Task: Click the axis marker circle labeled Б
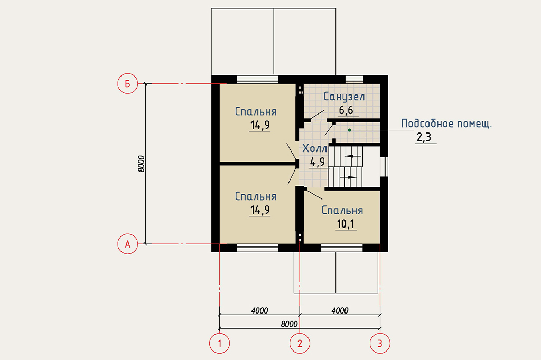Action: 128,83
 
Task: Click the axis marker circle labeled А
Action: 128,244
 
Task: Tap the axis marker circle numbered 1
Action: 219,343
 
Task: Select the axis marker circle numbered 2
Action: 300,343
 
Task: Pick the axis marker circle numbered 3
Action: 380,343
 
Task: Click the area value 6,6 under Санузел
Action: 346,110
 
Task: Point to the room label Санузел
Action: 343,97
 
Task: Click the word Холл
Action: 315,149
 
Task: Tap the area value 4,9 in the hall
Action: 318,162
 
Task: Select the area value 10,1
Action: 346,224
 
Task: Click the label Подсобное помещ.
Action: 446,124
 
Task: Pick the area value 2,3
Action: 424,137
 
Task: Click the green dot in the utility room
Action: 350,130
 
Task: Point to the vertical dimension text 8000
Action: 141,164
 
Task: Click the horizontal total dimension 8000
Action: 289,324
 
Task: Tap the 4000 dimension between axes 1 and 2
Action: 259,311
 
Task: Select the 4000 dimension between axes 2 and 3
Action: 340,311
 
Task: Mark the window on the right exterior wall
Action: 384,167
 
